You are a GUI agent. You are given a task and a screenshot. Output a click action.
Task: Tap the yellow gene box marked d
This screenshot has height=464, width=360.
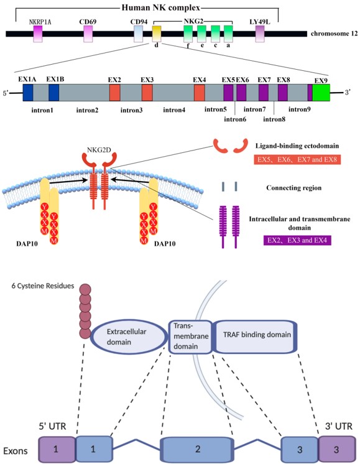[x=157, y=33]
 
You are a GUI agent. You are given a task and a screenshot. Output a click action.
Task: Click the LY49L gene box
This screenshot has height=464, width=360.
[x=260, y=33]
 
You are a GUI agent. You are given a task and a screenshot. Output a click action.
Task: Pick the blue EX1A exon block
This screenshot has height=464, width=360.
[x=28, y=93]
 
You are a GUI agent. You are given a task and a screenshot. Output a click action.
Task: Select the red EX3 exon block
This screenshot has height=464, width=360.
[x=147, y=93]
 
